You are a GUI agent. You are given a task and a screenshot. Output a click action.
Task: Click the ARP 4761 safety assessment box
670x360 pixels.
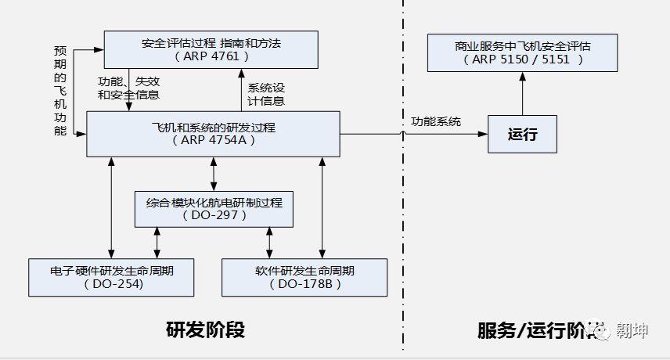pyautogui.click(x=211, y=49)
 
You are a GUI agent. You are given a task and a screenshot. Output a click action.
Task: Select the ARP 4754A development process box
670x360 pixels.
pyautogui.click(x=213, y=133)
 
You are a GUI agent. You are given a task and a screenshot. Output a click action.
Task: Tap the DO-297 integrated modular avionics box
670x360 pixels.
pyautogui.click(x=214, y=207)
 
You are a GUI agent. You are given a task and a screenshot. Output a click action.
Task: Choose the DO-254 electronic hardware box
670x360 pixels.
pyautogui.click(x=110, y=277)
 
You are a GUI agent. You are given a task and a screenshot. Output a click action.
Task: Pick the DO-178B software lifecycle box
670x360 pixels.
pyautogui.click(x=304, y=277)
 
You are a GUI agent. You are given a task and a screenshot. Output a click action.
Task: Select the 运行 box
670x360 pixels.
pyautogui.click(x=522, y=134)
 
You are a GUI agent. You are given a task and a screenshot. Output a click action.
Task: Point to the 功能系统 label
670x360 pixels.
pyautogui.click(x=436, y=121)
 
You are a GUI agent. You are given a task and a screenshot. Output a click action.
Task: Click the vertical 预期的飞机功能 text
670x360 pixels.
pyautogui.click(x=60, y=90)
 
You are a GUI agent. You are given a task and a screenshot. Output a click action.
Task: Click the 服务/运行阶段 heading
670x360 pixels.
pyautogui.click(x=540, y=331)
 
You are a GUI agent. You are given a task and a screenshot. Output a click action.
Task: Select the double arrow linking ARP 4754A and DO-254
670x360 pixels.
pyautogui.click(x=112, y=207)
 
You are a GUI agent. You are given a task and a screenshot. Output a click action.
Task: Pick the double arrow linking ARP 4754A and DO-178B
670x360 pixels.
pyautogui.click(x=322, y=207)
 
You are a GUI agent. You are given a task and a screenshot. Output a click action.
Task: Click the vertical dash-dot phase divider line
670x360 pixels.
pyautogui.click(x=404, y=235)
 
